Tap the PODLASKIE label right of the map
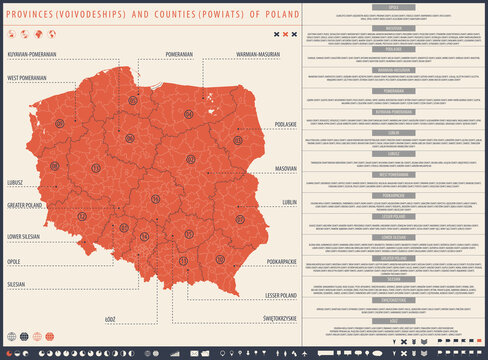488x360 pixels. pos(284,124)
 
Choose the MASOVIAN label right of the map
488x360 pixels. pos(285,168)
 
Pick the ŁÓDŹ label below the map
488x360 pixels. pos(109,319)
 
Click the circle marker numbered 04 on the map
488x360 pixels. pos(188,114)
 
